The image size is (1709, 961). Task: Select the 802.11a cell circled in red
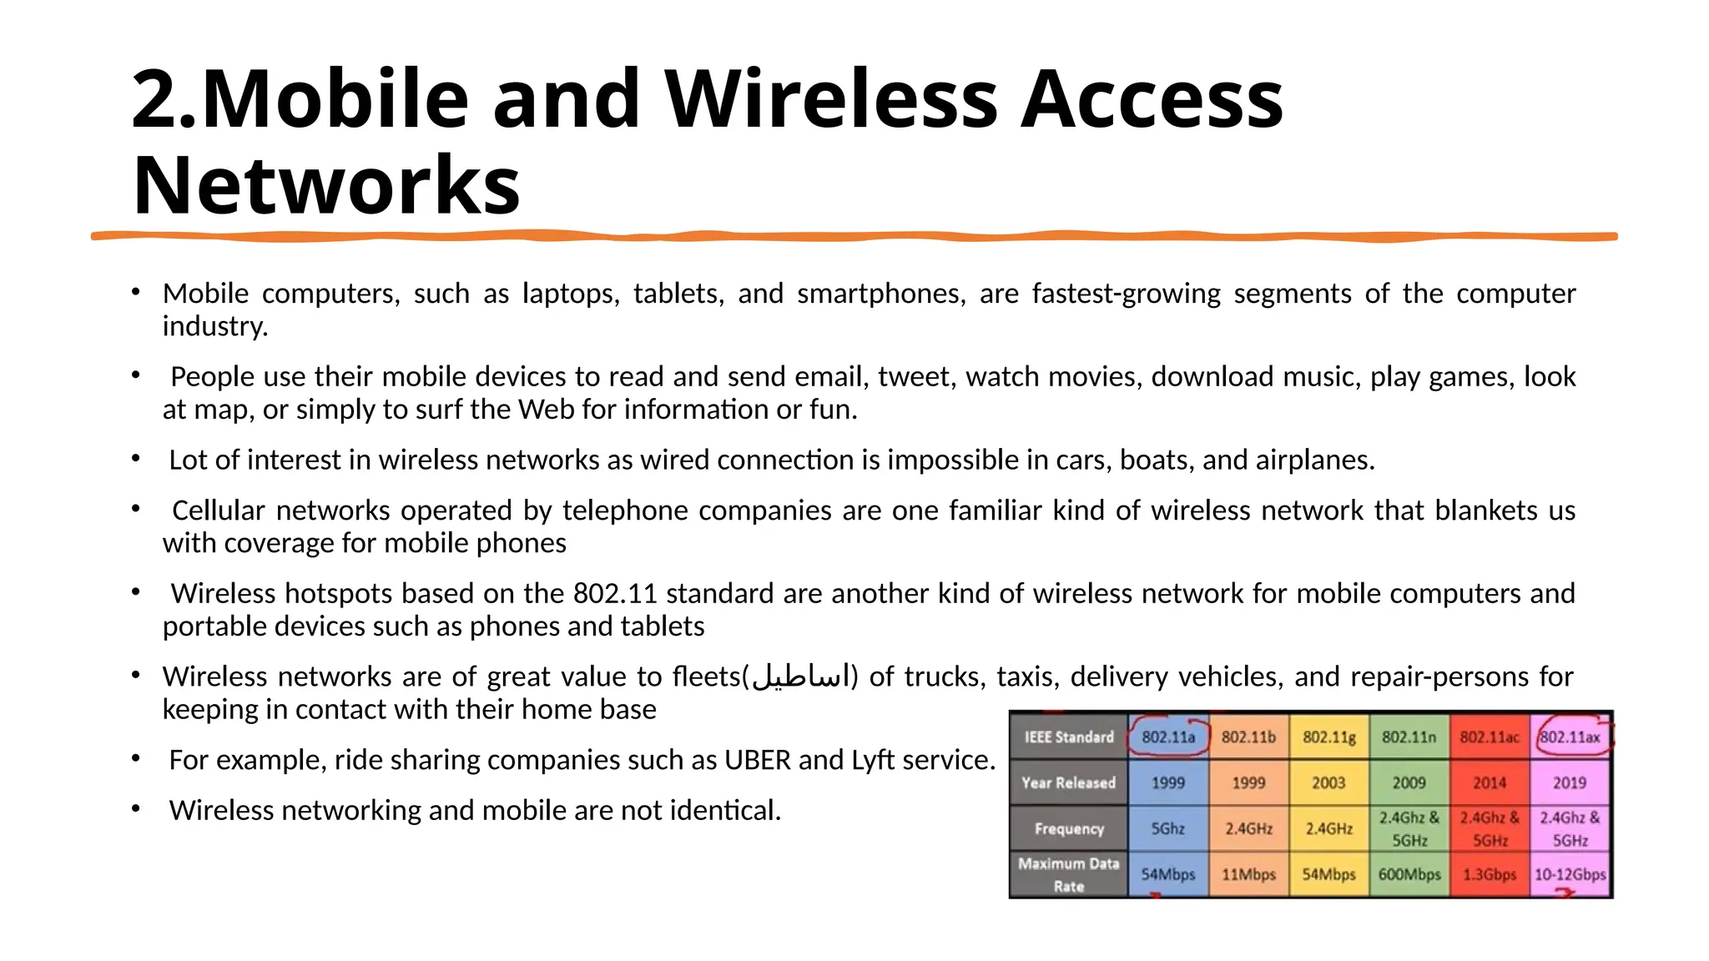click(1167, 737)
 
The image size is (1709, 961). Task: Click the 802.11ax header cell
click(1570, 737)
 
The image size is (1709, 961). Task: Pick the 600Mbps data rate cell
click(1409, 874)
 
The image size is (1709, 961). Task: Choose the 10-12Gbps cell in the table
click(1570, 874)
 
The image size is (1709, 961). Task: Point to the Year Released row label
click(1068, 782)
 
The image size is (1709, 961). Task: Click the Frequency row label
click(1068, 828)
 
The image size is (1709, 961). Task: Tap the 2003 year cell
click(1328, 782)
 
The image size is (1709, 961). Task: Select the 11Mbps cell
click(1248, 874)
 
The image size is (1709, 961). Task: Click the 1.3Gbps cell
click(1490, 874)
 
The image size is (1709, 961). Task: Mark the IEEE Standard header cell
click(1068, 737)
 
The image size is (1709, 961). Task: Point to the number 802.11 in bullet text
click(615, 594)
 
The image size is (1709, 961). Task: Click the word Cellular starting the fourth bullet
click(219, 511)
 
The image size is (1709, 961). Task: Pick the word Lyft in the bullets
click(872, 760)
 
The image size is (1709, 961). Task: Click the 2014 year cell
click(1490, 782)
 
